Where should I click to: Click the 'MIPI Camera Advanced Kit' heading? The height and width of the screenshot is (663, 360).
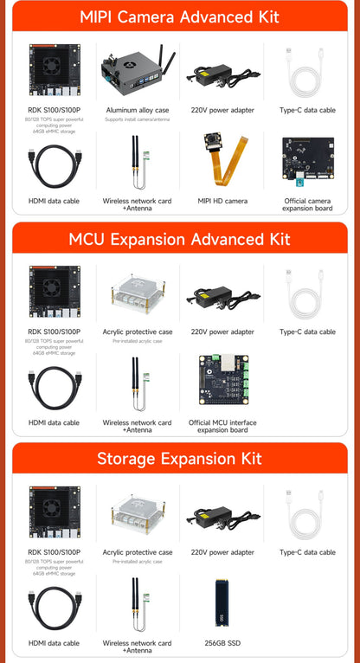[180, 16]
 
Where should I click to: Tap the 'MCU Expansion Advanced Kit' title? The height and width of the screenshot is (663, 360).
[180, 238]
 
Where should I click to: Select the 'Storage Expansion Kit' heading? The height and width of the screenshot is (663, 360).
[180, 459]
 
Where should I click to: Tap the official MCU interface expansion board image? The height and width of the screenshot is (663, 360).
[222, 381]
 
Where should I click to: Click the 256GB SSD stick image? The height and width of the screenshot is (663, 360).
[222, 602]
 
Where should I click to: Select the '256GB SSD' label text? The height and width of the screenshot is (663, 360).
[222, 643]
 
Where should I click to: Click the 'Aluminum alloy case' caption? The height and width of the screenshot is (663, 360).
[138, 111]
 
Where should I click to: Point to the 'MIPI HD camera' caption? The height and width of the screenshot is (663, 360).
[222, 201]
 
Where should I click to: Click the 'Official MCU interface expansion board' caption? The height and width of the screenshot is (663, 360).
[222, 426]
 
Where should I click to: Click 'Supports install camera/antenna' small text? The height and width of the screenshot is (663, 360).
[138, 120]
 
